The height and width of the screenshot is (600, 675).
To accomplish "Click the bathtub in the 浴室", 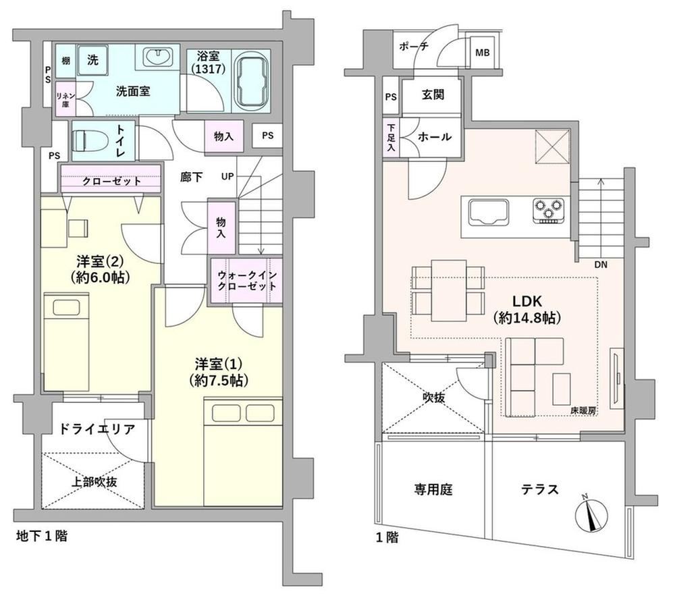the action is pos(252,82).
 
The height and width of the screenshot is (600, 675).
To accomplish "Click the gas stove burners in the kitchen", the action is pos(548,211).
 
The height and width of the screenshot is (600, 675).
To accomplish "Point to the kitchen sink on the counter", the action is pos(489,211).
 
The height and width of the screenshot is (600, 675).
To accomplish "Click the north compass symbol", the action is pos(591,513).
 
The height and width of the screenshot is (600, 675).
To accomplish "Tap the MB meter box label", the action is pos(482,53).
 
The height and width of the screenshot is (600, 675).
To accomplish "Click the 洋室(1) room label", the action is pos(219,372).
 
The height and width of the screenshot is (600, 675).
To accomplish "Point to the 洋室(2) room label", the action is pos(101,269).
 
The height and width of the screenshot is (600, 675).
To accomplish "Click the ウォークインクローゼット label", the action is pos(246,281).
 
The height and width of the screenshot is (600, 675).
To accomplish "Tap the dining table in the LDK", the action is pos(449,290).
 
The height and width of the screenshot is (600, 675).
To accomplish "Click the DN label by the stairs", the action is pos(601,265).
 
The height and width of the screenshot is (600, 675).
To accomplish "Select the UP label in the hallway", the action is pos(227,176).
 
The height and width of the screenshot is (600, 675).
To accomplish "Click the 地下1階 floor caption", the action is pos(41,536).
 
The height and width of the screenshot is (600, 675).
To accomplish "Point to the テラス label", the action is pos(540,489).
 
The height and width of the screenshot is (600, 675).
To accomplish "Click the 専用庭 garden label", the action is pos(433,489).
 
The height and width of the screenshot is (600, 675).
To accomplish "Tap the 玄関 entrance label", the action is pos(433,94).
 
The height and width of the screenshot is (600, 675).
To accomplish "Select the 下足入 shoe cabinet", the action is pos(390,138).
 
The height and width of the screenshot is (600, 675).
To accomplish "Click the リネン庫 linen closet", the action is pos(65,99).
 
